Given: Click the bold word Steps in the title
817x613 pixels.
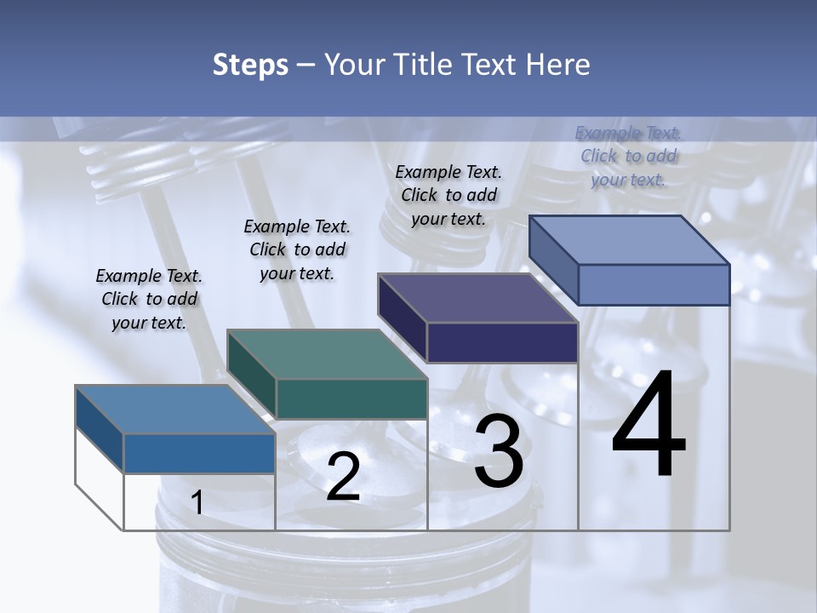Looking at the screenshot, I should (x=249, y=65).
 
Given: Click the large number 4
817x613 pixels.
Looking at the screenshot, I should (x=648, y=426).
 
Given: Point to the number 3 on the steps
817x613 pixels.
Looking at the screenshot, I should (x=499, y=451).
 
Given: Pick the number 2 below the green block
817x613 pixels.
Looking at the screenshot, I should (x=343, y=477).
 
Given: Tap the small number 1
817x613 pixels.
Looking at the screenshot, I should (x=197, y=503).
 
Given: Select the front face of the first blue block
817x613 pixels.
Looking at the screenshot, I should (x=199, y=453).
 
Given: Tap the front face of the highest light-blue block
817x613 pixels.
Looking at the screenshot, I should (x=654, y=284).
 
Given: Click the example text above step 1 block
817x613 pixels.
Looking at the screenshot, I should (x=149, y=300).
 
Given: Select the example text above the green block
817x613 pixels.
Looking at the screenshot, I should (x=297, y=249).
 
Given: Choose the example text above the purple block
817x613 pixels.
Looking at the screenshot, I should (x=448, y=195).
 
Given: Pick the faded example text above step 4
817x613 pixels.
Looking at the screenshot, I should (x=628, y=156).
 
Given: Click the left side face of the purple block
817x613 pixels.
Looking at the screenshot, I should (x=402, y=318).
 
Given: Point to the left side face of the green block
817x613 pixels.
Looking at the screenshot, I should (x=251, y=373).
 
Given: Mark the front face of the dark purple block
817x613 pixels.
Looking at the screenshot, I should (x=502, y=342).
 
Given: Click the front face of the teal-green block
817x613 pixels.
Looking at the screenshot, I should (x=351, y=398).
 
